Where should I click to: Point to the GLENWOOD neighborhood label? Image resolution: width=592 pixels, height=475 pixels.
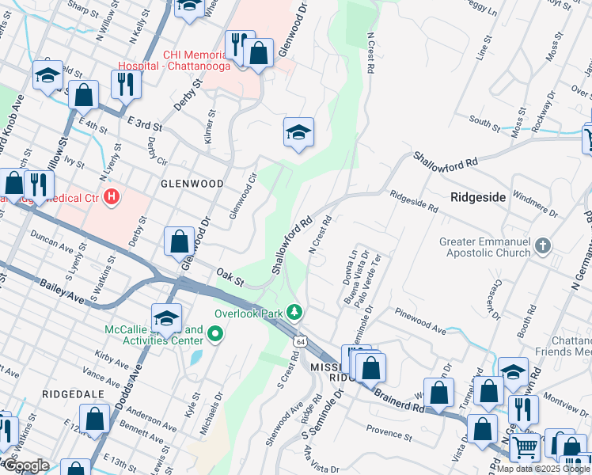pos(192,183)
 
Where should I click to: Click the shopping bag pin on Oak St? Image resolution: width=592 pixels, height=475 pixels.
pos(180,241)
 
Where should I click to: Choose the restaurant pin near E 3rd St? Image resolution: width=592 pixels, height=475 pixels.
pos(126,83)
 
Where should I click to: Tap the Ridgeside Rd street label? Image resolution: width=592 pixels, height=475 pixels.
pos(413,200)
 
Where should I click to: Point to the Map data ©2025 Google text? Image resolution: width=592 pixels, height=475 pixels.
pos(543,469)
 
